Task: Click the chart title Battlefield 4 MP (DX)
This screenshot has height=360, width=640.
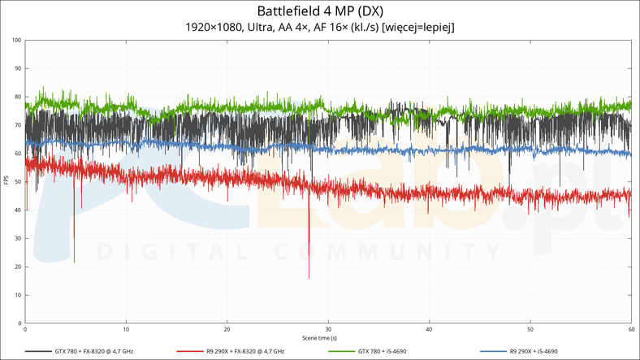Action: [320, 11]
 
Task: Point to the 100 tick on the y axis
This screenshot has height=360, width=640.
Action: [18, 40]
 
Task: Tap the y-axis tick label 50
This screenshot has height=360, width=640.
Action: [19, 182]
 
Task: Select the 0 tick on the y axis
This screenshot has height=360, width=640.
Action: [20, 323]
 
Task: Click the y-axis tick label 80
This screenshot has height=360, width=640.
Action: [19, 97]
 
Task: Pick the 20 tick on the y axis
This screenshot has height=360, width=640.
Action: [19, 267]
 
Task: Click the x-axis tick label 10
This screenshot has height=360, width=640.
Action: [127, 330]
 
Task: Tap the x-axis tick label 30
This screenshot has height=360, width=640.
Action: [328, 330]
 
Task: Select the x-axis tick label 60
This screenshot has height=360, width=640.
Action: [631, 330]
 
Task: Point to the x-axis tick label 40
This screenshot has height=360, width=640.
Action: [429, 330]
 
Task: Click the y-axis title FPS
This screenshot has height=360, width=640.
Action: [6, 180]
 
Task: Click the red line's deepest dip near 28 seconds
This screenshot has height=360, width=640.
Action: [309, 277]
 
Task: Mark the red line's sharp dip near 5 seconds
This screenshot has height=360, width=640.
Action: [74, 261]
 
